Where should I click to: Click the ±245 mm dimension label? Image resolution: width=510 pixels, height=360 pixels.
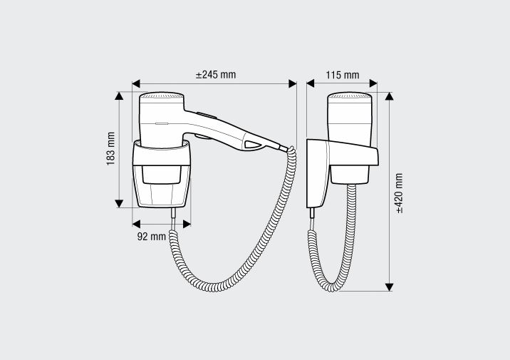[x=216, y=75]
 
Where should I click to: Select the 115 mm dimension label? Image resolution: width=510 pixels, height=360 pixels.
[x=343, y=75]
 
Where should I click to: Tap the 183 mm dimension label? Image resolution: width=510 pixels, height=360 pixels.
[x=110, y=148]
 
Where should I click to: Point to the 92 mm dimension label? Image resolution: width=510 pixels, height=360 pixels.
[x=152, y=236]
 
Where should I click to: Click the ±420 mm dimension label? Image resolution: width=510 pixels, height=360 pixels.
[x=400, y=193]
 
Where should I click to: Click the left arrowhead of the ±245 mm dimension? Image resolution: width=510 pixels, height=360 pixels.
[x=136, y=83]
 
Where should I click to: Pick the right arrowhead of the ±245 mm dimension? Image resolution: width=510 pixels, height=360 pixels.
[x=293, y=83]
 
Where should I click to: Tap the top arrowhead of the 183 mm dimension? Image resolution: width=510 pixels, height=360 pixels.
[x=119, y=96]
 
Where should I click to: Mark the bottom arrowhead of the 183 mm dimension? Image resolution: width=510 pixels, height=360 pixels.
[x=119, y=203]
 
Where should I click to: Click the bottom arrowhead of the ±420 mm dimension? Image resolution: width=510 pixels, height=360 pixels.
[x=389, y=287]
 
